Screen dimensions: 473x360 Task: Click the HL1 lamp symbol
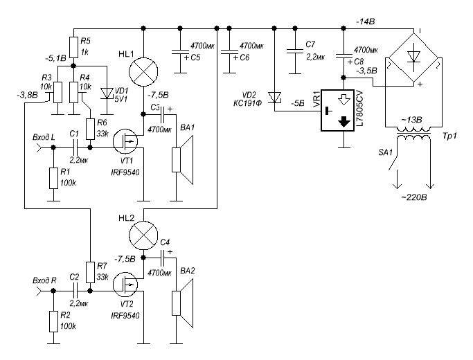(x=143, y=72)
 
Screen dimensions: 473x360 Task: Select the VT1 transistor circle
(x=125, y=141)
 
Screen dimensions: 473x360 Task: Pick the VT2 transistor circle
(x=125, y=285)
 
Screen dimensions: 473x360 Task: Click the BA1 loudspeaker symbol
(x=182, y=160)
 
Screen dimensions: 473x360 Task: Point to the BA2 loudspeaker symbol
(x=182, y=303)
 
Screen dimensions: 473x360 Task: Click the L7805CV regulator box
(x=337, y=110)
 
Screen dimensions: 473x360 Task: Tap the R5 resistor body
(x=73, y=47)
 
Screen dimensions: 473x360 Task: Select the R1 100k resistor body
(x=53, y=178)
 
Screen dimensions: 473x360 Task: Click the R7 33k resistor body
(x=90, y=272)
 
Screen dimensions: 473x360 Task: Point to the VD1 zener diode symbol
(x=107, y=93)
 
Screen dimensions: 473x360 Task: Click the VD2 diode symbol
(x=274, y=98)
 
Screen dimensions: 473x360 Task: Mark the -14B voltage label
(x=365, y=21)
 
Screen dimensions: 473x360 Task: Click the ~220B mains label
(x=414, y=198)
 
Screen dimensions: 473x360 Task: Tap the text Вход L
(x=44, y=138)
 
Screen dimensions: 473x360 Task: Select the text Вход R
(x=44, y=280)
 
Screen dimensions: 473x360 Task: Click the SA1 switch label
(x=386, y=152)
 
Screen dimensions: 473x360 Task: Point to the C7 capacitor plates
(x=295, y=51)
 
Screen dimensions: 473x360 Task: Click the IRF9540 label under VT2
(x=125, y=316)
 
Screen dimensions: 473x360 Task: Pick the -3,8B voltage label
(x=28, y=96)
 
